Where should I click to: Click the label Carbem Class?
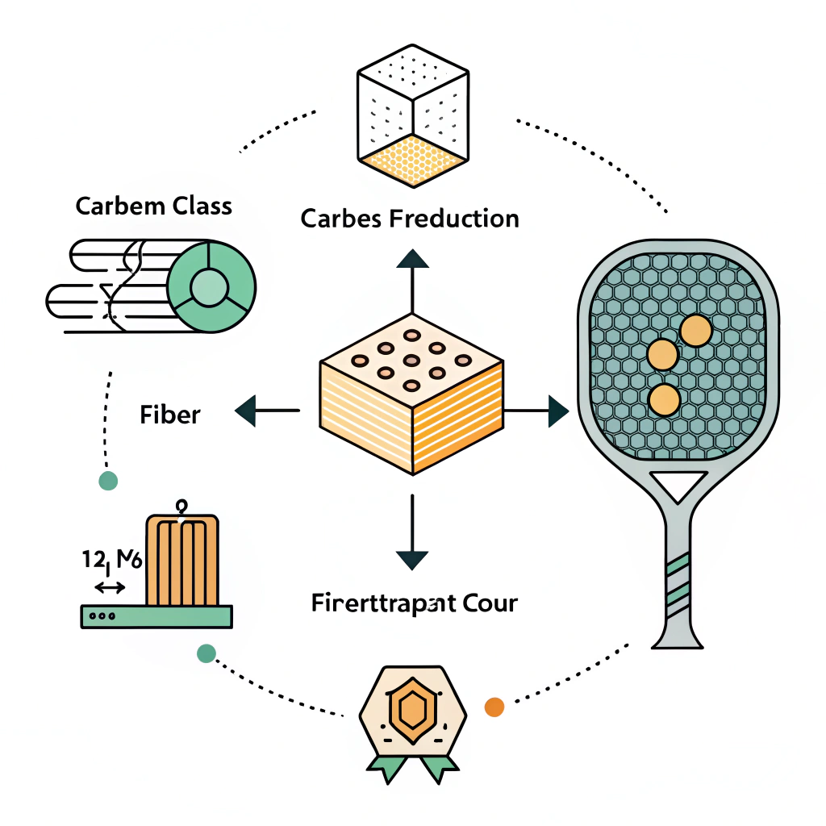click(153, 206)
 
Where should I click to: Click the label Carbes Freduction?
click(410, 219)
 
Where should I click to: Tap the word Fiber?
click(169, 415)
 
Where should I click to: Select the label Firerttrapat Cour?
click(414, 603)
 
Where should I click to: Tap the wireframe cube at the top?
click(412, 117)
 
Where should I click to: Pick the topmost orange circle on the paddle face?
click(695, 330)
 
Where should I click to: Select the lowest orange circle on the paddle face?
click(664, 399)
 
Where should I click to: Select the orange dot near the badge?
click(494, 707)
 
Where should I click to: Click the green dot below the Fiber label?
click(107, 481)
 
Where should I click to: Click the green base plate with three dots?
click(156, 616)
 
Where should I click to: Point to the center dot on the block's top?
click(411, 361)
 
